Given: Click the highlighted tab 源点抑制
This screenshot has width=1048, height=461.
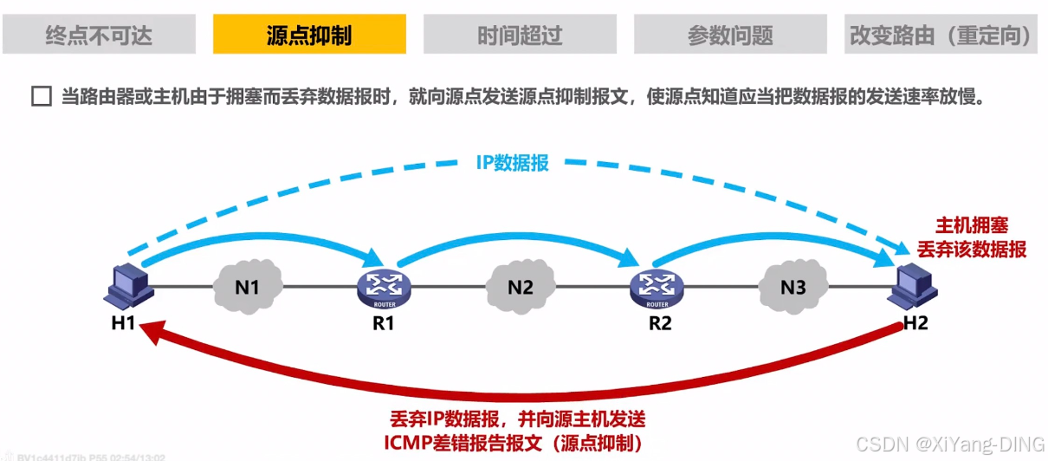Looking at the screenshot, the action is (x=309, y=36).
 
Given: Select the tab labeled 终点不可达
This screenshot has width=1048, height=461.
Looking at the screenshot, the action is (x=99, y=36).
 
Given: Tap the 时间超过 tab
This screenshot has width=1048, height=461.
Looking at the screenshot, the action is (x=520, y=36).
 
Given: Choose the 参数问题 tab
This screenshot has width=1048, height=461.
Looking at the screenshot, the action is (x=730, y=36).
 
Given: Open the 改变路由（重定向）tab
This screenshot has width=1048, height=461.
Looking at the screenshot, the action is (x=941, y=36).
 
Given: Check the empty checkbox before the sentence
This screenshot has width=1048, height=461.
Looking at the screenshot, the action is (x=41, y=96).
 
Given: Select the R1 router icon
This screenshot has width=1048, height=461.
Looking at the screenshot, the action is (x=383, y=285).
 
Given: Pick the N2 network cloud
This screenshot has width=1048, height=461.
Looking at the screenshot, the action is (x=520, y=285).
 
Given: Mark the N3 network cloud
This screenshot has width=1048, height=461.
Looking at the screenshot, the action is (x=792, y=285).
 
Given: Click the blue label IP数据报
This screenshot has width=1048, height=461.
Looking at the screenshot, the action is (x=512, y=163).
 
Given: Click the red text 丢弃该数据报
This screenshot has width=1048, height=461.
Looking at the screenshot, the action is (x=973, y=250).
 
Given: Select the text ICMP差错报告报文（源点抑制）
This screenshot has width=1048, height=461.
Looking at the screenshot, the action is (x=518, y=443).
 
